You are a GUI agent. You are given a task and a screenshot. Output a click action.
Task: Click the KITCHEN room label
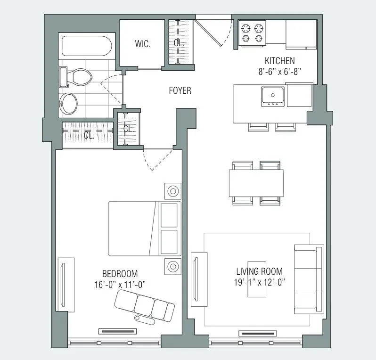tap(279, 61)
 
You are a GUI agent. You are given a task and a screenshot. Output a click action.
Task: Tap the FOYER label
tap(180, 90)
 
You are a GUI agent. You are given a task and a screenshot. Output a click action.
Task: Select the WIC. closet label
tap(143, 44)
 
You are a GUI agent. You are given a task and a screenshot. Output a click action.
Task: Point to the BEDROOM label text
tap(120, 274)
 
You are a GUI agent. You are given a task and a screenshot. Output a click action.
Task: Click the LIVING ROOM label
tap(259, 271)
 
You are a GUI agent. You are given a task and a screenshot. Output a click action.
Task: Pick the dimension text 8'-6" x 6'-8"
tap(279, 71)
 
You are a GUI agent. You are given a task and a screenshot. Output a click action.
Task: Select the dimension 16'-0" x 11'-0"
tap(120, 284)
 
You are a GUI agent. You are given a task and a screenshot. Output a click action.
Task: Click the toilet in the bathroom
tap(74, 77)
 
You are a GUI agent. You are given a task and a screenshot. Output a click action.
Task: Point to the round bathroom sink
tap(69, 103)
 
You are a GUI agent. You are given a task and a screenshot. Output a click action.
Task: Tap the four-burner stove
tap(252, 33)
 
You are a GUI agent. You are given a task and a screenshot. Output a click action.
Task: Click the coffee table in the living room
tap(257, 279)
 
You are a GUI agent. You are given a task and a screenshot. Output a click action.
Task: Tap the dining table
tap(256, 183)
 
